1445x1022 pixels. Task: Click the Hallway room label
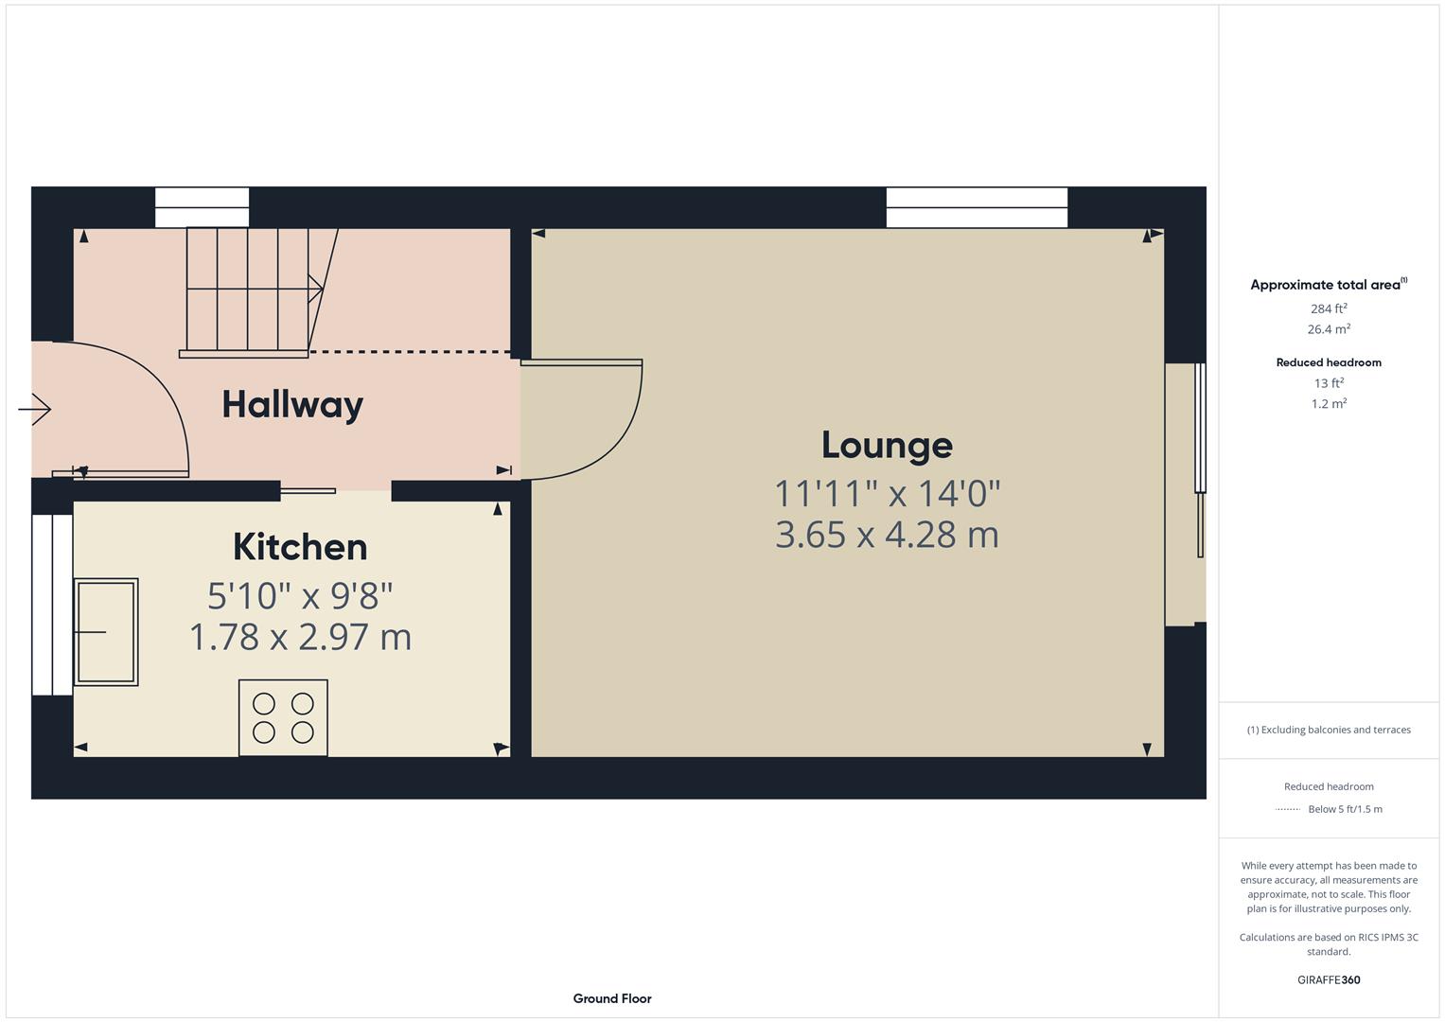(292, 405)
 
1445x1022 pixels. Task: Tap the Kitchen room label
(300, 547)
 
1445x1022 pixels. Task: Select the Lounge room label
(887, 445)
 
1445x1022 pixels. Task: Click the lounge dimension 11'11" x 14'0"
(887, 493)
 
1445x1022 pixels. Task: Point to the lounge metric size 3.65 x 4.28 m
(887, 535)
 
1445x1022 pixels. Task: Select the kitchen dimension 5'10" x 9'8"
(300, 595)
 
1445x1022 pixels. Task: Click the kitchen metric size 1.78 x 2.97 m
(300, 637)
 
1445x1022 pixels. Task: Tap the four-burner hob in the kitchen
(283, 717)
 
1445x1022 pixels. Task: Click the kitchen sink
(106, 631)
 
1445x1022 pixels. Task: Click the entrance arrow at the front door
(35, 409)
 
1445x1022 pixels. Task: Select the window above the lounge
(977, 207)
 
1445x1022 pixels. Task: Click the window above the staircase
(202, 207)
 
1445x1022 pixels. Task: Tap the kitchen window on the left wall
(52, 605)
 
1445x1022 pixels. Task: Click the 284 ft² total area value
(1329, 308)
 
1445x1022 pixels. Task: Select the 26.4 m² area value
(1329, 329)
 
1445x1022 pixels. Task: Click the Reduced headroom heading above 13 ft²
(1329, 362)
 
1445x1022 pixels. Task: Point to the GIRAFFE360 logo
(1329, 979)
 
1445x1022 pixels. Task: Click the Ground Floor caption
(612, 998)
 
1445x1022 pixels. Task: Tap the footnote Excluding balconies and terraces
(1329, 730)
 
